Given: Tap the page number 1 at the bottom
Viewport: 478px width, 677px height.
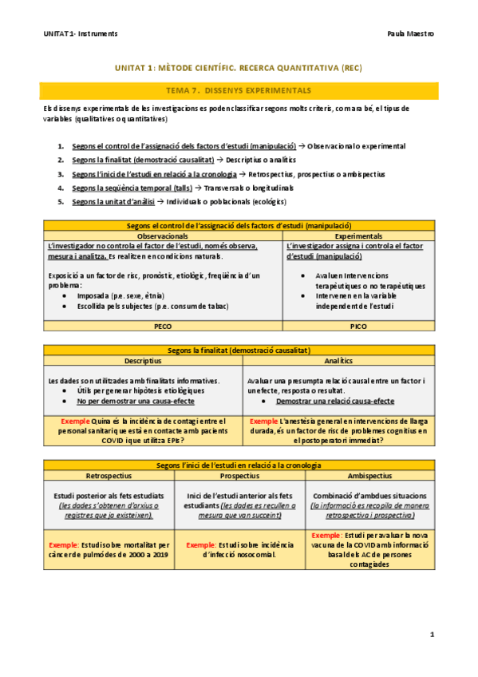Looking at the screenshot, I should tap(431, 635).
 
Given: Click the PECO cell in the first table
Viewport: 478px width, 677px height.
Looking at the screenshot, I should tap(163, 327).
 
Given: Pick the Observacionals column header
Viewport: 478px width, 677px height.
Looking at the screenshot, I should tap(163, 236).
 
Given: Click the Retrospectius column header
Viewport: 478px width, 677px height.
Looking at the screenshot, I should tap(108, 474).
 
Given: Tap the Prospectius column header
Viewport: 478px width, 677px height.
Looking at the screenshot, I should tap(238, 474).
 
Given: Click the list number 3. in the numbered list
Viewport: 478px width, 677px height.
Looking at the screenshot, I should tap(61, 174).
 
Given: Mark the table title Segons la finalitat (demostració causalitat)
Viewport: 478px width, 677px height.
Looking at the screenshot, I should tap(239, 350).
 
